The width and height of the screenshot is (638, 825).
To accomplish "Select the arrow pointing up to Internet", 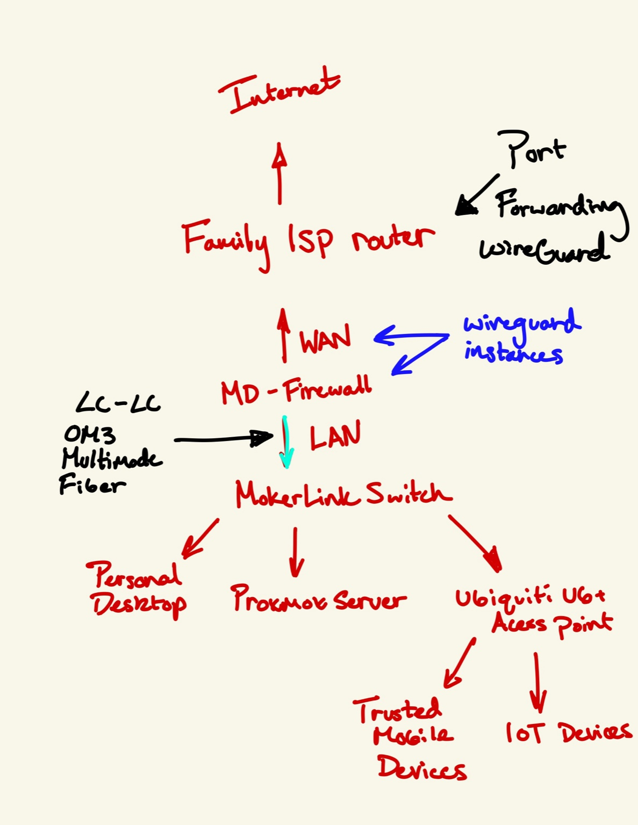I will click(279, 173).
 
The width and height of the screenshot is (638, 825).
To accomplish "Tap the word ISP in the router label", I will click(310, 240).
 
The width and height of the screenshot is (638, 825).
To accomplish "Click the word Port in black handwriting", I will click(532, 148).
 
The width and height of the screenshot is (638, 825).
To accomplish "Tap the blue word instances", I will click(513, 353).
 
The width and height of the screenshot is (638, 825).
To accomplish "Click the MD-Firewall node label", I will click(296, 390).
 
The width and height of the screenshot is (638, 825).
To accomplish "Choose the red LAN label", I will click(335, 436).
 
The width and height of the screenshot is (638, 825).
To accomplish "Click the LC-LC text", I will click(118, 403).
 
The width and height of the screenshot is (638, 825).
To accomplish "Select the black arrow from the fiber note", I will click(223, 439).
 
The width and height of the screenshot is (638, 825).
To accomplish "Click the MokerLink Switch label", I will click(343, 495).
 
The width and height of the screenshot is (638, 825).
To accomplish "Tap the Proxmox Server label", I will click(318, 599).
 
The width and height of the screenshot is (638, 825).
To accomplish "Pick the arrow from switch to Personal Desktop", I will click(200, 538).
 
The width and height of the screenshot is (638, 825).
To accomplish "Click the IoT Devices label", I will click(568, 732).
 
